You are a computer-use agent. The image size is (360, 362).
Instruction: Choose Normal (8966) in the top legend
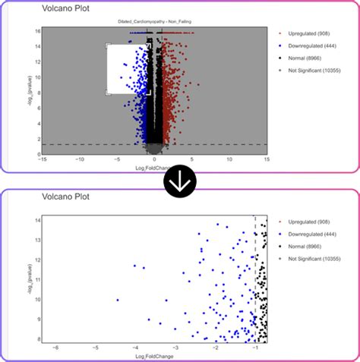pos(304,58)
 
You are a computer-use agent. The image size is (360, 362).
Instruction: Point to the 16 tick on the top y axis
pos(36,31)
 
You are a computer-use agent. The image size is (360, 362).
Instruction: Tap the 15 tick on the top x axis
pos(267,159)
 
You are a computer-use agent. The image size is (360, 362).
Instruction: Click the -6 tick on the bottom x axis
pos(55,347)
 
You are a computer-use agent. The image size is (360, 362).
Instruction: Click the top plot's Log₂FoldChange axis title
pos(154,166)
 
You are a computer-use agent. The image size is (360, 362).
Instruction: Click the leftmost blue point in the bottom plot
pos(118,300)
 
